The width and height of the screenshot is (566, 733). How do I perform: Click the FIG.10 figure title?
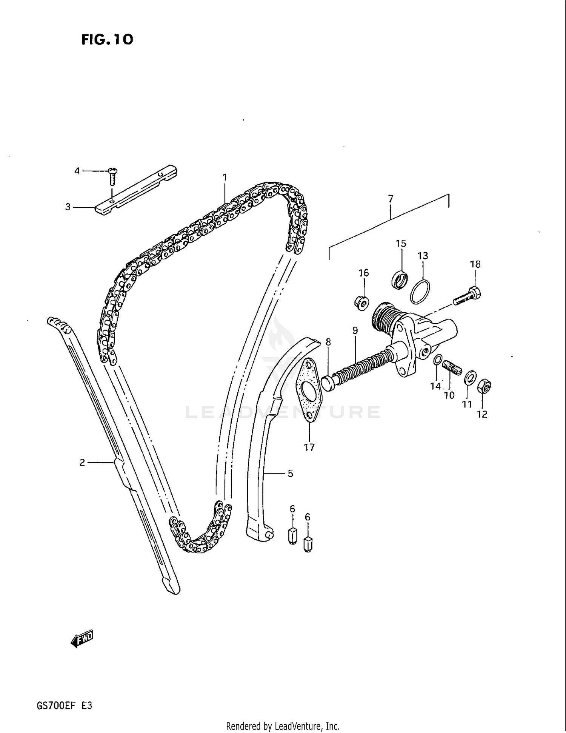point(107,39)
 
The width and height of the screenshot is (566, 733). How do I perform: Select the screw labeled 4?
point(112,176)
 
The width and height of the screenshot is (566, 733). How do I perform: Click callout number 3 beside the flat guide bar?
point(68,207)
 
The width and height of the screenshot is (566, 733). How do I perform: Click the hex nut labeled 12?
point(484,387)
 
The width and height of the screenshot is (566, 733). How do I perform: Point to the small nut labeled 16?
point(362,302)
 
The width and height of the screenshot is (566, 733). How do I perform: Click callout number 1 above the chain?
point(225,177)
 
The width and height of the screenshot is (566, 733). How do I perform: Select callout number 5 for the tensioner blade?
point(290,473)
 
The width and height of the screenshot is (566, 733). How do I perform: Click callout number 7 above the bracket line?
point(391,199)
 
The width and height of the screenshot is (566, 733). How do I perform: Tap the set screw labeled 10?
point(452,367)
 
